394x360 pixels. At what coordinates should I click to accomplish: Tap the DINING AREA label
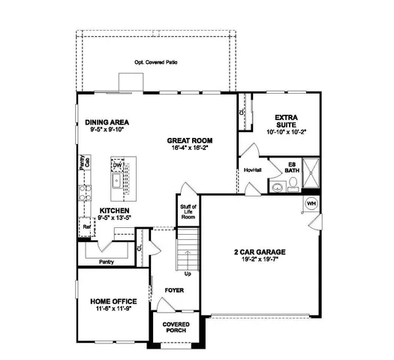coord(107,121)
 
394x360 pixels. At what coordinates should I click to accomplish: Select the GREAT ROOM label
coord(189,140)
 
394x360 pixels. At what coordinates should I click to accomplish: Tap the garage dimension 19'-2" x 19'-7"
coord(260,260)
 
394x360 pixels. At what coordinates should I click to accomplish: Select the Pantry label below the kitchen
coord(107,261)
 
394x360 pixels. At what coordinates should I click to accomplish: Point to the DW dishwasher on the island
coord(118,164)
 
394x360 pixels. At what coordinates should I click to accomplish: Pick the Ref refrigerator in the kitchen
coord(86,225)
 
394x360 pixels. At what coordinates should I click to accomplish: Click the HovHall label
coord(252,170)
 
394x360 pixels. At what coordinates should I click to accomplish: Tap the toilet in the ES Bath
coord(277,187)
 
